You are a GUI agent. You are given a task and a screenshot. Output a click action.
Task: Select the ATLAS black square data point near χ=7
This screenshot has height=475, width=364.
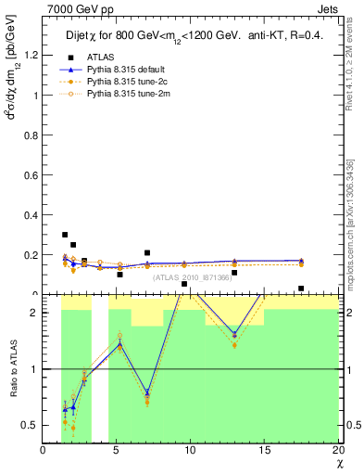coord(147,252)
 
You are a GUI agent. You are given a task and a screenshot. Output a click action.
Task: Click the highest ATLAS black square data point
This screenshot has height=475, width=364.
coord(64,235)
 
